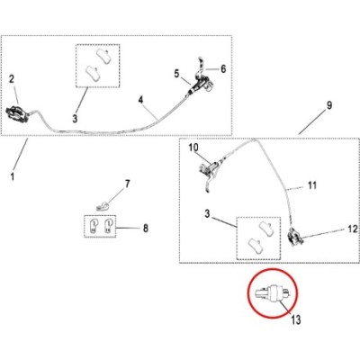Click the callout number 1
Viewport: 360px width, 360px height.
click(x=13, y=176)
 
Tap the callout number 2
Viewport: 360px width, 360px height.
click(x=12, y=79)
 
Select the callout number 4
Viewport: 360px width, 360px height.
click(x=141, y=100)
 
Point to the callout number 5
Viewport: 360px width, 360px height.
click(x=176, y=73)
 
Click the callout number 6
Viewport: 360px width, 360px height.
click(x=223, y=68)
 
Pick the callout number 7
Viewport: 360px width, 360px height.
click(x=128, y=184)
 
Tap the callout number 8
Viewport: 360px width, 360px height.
click(x=146, y=229)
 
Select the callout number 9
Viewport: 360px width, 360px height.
click(x=329, y=105)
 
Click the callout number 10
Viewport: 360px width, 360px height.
click(x=193, y=148)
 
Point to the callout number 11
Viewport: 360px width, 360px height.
click(x=312, y=185)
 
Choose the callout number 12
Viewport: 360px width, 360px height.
click(x=353, y=229)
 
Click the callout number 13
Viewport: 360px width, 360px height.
click(x=296, y=319)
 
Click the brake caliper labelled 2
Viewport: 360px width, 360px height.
click(x=18, y=111)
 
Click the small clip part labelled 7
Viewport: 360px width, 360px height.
click(x=103, y=207)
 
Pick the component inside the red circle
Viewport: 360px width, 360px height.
click(x=272, y=292)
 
